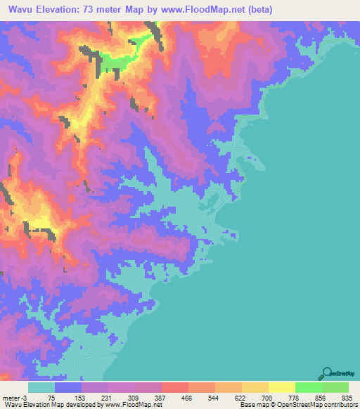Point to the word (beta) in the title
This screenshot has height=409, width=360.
click(257, 10)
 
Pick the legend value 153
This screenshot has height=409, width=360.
click(82, 397)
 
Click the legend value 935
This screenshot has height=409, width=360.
click(347, 397)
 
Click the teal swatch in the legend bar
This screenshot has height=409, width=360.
click(41, 387)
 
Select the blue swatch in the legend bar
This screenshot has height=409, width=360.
click(68, 387)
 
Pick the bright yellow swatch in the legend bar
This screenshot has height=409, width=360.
click(281, 387)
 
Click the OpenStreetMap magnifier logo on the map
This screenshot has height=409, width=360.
click(328, 372)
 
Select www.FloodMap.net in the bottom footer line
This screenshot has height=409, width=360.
click(131, 405)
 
